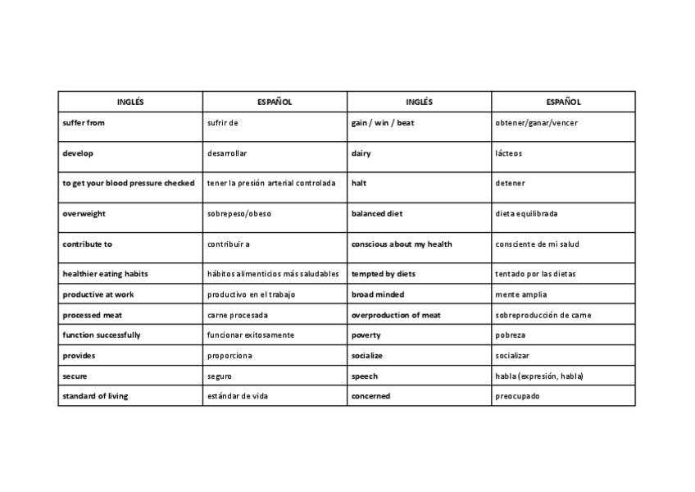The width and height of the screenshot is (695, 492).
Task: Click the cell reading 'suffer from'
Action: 84,123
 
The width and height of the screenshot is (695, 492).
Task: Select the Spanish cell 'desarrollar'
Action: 227,153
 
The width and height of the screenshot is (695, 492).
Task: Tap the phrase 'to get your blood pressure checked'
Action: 129,184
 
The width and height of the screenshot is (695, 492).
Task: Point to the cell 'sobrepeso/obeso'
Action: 239,214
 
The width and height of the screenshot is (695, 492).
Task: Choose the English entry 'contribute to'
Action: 88,244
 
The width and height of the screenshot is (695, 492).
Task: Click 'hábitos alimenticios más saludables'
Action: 273,274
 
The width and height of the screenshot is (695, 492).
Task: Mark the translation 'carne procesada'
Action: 238,315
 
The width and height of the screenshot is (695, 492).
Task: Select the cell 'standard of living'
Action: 95,396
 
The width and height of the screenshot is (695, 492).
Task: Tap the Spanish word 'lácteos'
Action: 509,153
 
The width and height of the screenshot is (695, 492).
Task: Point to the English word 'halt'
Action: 359,184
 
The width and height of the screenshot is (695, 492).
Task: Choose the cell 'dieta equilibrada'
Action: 527,214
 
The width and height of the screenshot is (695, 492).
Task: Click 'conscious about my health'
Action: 402,244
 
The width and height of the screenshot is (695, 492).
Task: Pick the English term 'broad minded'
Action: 378,294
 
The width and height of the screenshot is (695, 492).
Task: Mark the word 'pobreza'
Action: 511,335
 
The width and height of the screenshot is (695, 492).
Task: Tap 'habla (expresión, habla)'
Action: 539,376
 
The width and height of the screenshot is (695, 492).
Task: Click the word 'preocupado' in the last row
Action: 518,396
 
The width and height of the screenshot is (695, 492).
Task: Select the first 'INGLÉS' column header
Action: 130,102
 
